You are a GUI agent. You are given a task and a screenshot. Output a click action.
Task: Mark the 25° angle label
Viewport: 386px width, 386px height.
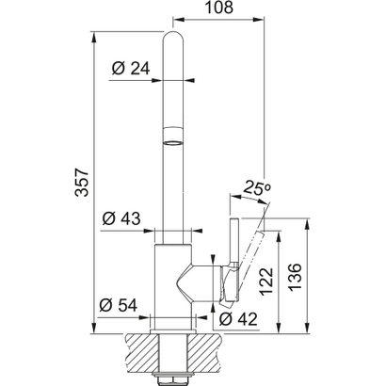click(x=256, y=188)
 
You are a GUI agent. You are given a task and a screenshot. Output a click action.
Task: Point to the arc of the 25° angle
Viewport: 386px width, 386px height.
click(x=247, y=201)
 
